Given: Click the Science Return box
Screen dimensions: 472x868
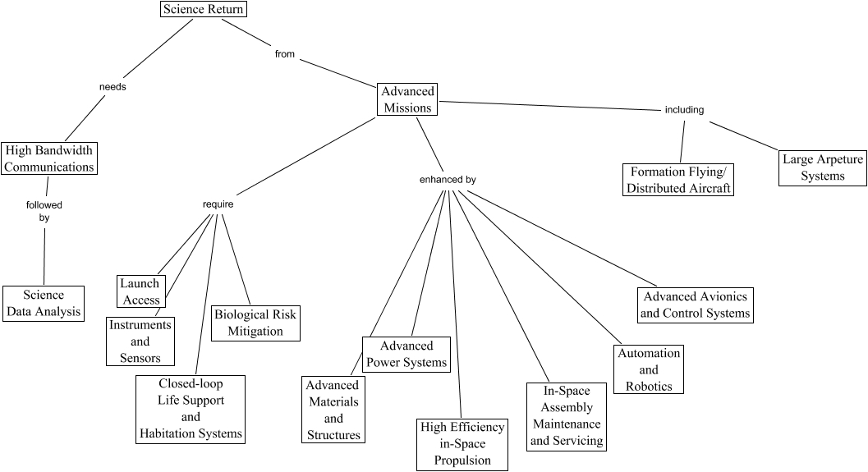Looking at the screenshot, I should pyautogui.click(x=203, y=10).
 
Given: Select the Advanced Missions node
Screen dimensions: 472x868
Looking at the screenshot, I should pyautogui.click(x=407, y=99).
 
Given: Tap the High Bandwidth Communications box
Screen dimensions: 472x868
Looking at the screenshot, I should pyautogui.click(x=48, y=158).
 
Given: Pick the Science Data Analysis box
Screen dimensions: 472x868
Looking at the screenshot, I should pyautogui.click(x=44, y=303).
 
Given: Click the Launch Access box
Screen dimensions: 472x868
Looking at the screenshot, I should pyautogui.click(x=140, y=291).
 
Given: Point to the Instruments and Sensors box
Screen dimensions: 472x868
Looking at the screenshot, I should pyautogui.click(x=140, y=341).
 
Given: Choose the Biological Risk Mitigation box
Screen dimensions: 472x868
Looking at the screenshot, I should pyautogui.click(x=255, y=323).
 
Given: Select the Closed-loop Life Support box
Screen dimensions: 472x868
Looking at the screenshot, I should pyautogui.click(x=191, y=409).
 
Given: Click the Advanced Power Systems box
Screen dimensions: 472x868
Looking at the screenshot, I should pyautogui.click(x=406, y=354).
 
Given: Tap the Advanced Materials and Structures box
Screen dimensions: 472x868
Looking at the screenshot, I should pyautogui.click(x=333, y=410).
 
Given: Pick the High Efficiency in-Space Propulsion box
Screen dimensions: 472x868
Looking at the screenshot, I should pyautogui.click(x=462, y=444).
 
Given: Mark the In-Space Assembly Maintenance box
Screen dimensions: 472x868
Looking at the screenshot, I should pyautogui.click(x=567, y=416).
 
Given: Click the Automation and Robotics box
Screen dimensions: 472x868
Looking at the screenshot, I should pyautogui.click(x=649, y=369).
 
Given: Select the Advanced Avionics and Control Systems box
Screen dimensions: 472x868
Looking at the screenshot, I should pyautogui.click(x=695, y=305).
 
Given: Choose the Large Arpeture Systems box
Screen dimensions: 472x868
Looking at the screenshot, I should pyautogui.click(x=822, y=167).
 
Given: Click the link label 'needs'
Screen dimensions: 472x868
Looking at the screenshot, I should pyautogui.click(x=113, y=86).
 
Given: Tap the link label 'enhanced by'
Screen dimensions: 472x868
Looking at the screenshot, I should pyautogui.click(x=448, y=179).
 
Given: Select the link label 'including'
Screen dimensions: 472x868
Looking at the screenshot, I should pyautogui.click(x=684, y=110).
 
